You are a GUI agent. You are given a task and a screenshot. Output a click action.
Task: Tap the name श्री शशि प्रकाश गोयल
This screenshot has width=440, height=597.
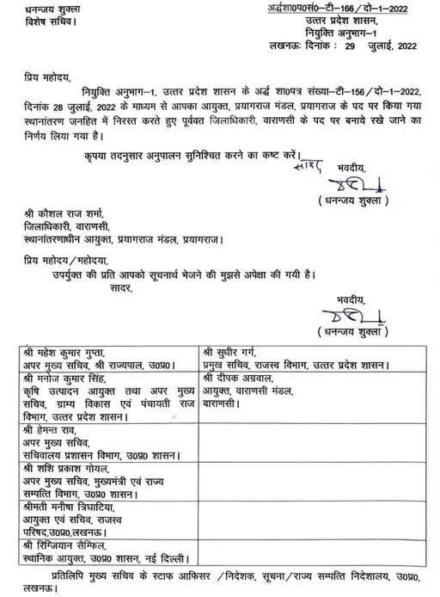(74, 469)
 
